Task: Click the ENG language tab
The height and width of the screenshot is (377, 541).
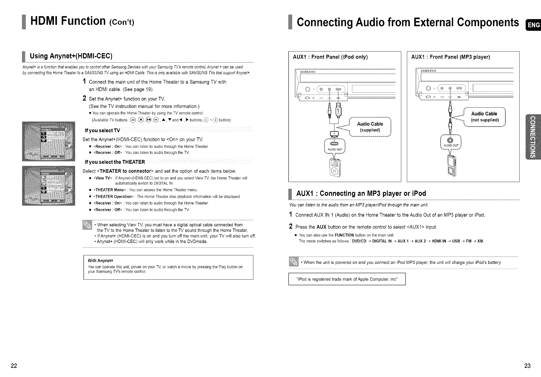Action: click(533, 25)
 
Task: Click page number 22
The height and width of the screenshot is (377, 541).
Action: click(14, 365)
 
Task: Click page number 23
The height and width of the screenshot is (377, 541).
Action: click(527, 365)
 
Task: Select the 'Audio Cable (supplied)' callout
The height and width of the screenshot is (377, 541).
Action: click(370, 127)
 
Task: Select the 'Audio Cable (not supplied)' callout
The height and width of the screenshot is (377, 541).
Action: click(484, 116)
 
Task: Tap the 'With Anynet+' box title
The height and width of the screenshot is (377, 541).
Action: click(100, 260)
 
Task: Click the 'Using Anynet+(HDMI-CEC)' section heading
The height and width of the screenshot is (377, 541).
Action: click(71, 56)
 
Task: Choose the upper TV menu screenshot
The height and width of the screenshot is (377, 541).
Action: click(49, 141)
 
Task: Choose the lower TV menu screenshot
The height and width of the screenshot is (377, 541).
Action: click(49, 186)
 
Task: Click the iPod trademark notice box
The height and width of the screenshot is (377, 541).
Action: click(347, 279)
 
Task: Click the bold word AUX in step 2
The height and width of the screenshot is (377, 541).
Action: click(322, 227)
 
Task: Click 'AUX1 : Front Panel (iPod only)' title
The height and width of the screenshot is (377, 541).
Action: click(330, 57)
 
